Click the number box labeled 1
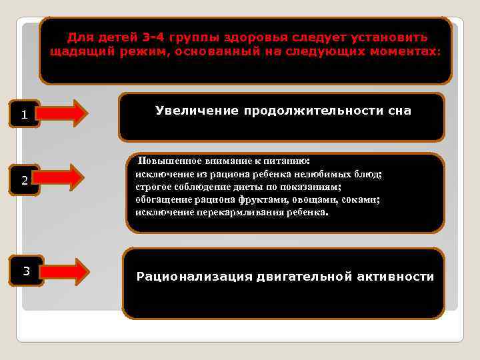click(x=25, y=115)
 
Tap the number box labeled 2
click(x=25, y=181)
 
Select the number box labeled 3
click(x=27, y=271)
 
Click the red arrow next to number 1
click(x=68, y=114)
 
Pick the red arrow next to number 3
click(x=68, y=271)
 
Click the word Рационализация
click(x=194, y=277)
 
